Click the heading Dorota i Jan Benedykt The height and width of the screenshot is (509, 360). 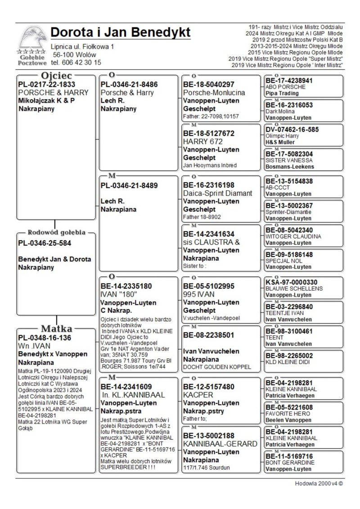pos(121,33)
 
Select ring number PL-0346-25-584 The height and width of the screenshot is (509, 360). pos(45,243)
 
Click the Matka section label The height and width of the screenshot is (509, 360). pos(57,328)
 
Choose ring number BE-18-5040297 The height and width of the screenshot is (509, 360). pos(209,84)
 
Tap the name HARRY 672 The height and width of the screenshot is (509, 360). pos(202,141)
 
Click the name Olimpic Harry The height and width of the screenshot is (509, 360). pos(283,135)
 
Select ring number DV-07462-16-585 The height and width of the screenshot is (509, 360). pos(292,129)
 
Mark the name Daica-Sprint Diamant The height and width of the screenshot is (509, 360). pos(218,193)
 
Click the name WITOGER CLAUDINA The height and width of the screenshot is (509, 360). pos(293,236)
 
